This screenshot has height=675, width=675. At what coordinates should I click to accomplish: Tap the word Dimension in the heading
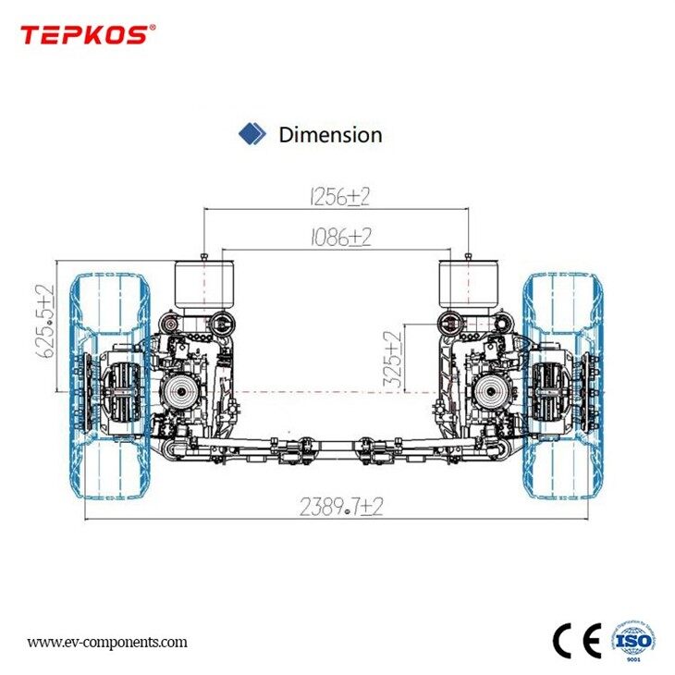click(x=330, y=135)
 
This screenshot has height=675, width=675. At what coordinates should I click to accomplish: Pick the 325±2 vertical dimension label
click(x=394, y=361)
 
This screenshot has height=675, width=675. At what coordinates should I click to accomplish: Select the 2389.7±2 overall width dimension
click(x=340, y=507)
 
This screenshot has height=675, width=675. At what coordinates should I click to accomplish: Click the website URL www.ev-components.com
click(x=106, y=642)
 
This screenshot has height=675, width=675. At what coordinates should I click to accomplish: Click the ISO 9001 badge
click(x=632, y=638)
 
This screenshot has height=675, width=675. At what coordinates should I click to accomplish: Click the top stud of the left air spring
click(x=202, y=254)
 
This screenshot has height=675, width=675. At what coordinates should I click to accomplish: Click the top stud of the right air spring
click(x=470, y=254)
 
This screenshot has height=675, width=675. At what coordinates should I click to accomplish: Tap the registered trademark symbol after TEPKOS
click(x=153, y=28)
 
